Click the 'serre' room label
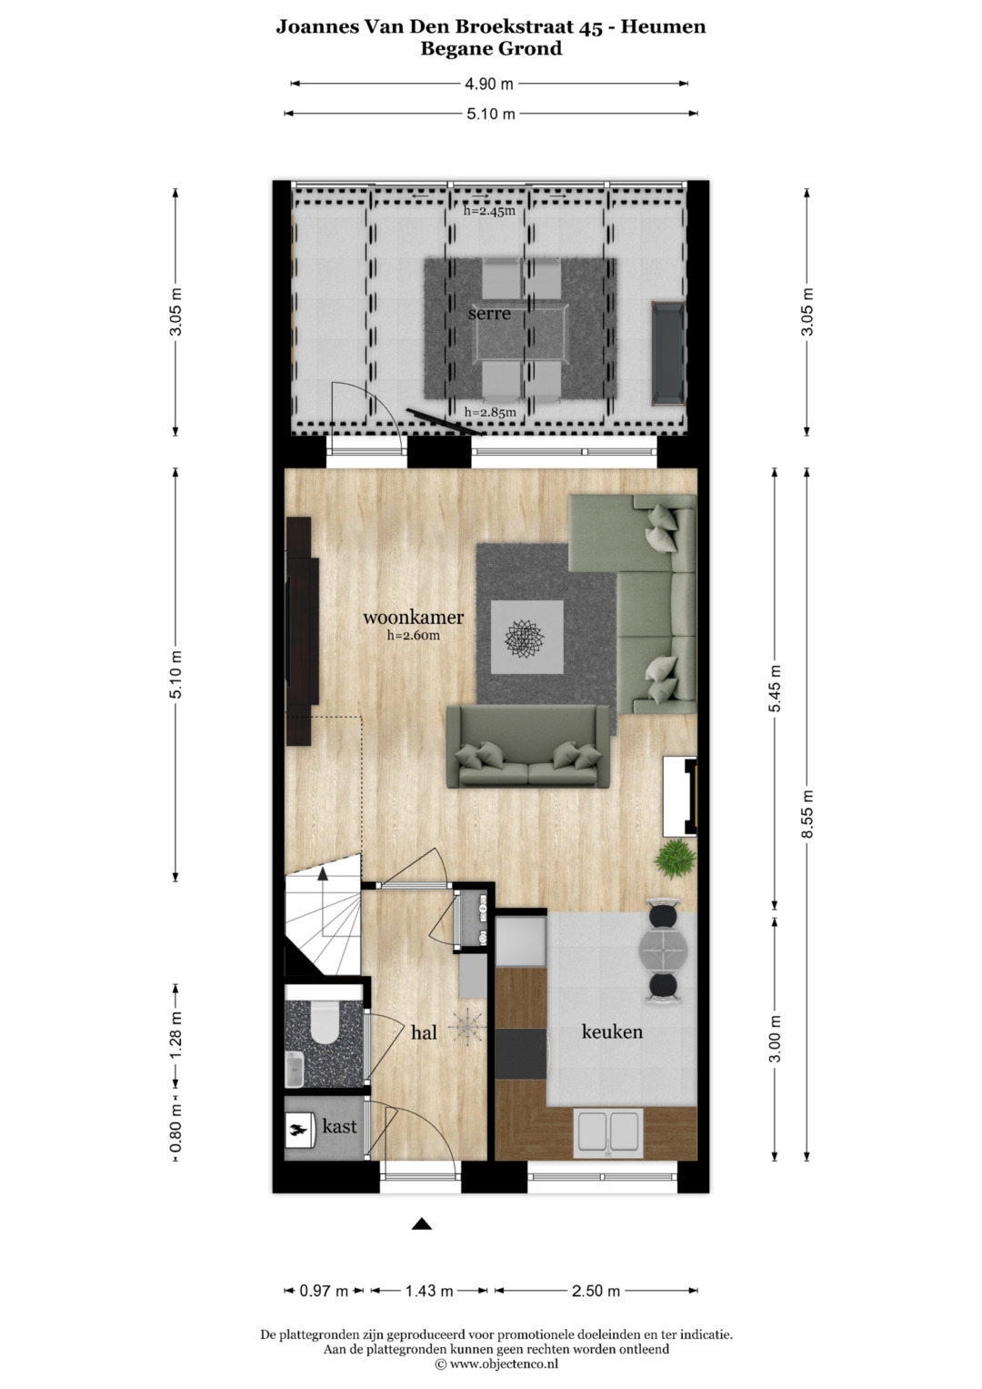(x=489, y=313)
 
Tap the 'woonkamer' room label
(x=413, y=617)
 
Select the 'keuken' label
(x=612, y=1032)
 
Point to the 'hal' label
(x=424, y=1032)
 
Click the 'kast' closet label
(x=339, y=1126)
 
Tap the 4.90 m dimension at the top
(x=489, y=84)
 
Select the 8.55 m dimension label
(x=807, y=814)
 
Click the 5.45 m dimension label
(x=775, y=689)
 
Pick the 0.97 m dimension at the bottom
(x=324, y=1292)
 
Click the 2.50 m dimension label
(x=596, y=1291)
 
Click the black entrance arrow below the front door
(x=422, y=1223)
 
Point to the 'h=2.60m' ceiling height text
(x=413, y=635)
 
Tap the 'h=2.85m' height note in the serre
(x=490, y=412)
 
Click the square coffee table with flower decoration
(x=527, y=638)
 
